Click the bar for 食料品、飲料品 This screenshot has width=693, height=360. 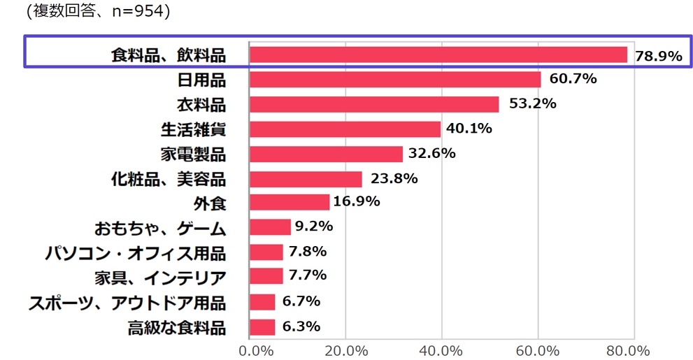[x=438, y=55]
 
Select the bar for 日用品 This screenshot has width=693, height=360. [x=395, y=79]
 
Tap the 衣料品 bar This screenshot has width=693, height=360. [x=374, y=104]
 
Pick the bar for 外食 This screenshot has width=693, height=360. [x=289, y=202]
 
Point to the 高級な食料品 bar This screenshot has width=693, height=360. [x=262, y=326]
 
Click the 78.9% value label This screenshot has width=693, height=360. [x=658, y=56]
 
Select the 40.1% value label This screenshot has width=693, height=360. [x=469, y=129]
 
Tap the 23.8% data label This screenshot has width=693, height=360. [x=394, y=178]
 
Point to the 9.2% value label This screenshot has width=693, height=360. [x=313, y=226]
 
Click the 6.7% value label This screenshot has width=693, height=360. [x=301, y=301]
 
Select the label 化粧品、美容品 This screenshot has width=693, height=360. [x=169, y=178]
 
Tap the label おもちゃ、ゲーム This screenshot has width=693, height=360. [x=160, y=228]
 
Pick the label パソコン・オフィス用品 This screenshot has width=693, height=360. [x=136, y=252]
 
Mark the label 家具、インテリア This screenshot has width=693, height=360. [x=160, y=278]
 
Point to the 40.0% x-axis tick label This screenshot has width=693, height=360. [x=442, y=350]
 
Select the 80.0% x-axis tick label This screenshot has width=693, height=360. [x=631, y=350]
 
